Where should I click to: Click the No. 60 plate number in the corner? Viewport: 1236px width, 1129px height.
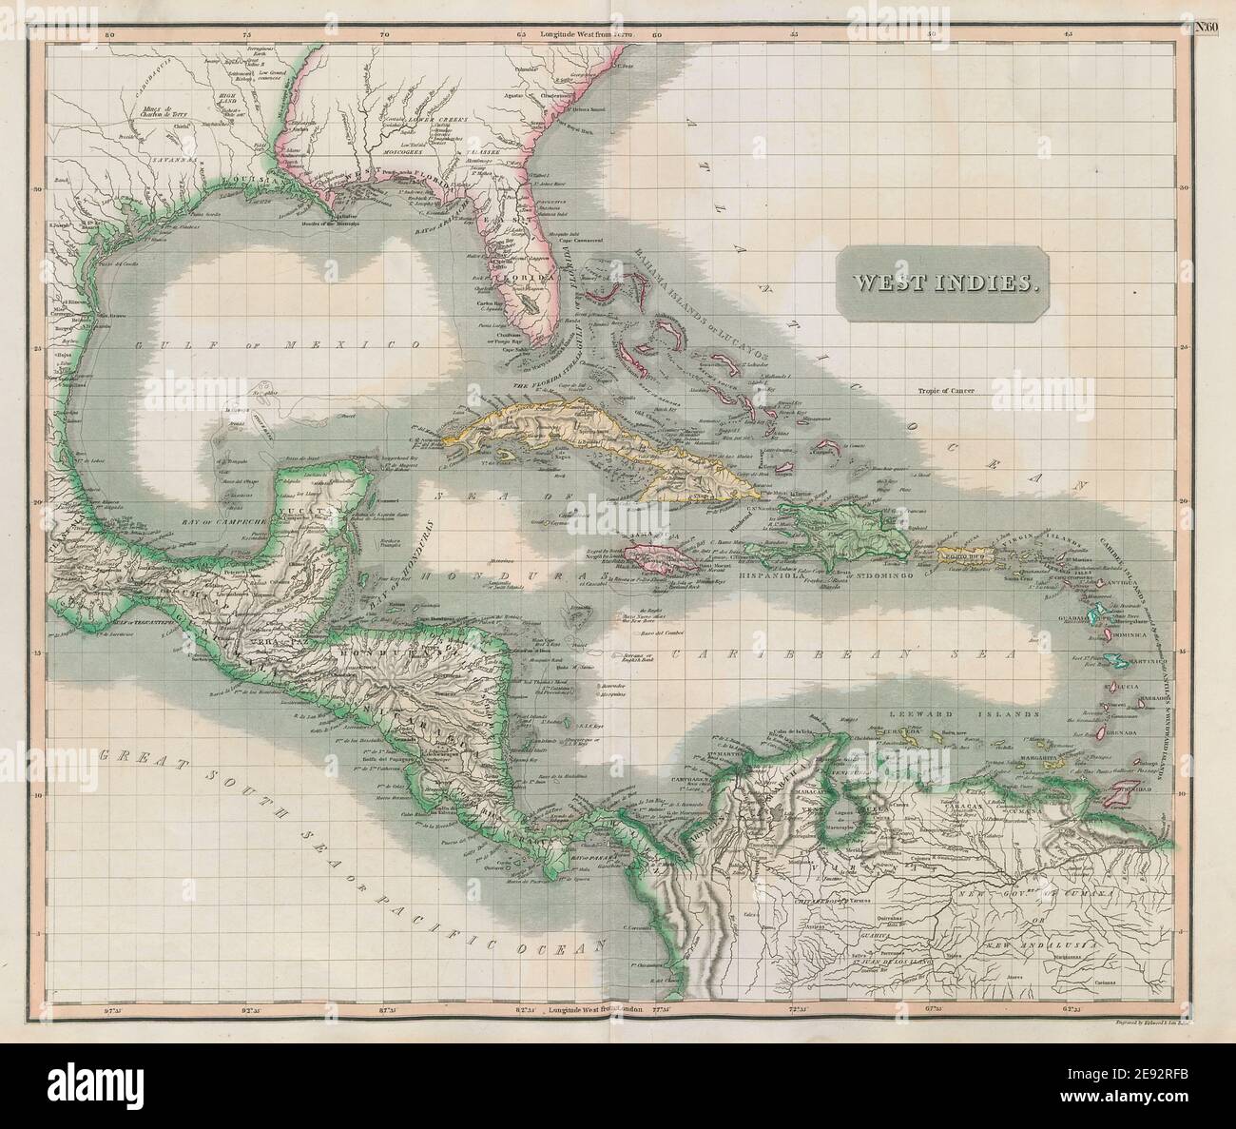click(1206, 27)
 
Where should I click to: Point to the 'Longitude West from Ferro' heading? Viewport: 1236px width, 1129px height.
click(586, 34)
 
